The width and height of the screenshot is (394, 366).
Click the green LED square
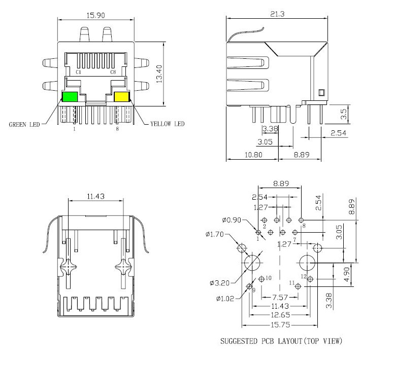pyautogui.click(x=70, y=97)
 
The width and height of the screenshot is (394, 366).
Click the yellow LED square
pyautogui.click(x=122, y=97)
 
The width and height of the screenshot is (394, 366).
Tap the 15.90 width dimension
pyautogui.click(x=96, y=15)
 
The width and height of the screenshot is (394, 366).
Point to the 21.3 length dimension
pyautogui.click(x=277, y=14)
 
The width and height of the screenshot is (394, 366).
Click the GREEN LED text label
pyautogui.click(x=24, y=124)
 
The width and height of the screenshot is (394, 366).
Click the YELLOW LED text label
pyautogui.click(x=168, y=124)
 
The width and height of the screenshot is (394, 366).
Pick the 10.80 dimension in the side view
pyautogui.click(x=253, y=155)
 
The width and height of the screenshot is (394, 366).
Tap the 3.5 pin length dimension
pyautogui.click(x=344, y=114)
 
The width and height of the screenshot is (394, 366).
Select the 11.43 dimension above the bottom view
pyautogui.click(x=95, y=196)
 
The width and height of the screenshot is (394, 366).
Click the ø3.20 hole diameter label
pyautogui.click(x=220, y=283)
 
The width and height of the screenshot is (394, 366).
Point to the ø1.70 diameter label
pyautogui.click(x=215, y=234)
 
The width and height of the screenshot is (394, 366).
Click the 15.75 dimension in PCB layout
pyautogui.click(x=280, y=325)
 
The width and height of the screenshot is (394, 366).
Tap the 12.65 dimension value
pyautogui.click(x=280, y=315)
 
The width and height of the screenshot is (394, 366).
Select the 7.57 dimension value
pyautogui.click(x=280, y=298)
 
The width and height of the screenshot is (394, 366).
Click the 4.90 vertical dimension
pyautogui.click(x=346, y=274)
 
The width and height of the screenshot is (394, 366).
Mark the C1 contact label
pyautogui.click(x=79, y=72)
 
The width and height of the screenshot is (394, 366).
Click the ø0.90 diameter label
pyautogui.click(x=232, y=220)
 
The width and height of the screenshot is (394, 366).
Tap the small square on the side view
pyautogui.click(x=321, y=93)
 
